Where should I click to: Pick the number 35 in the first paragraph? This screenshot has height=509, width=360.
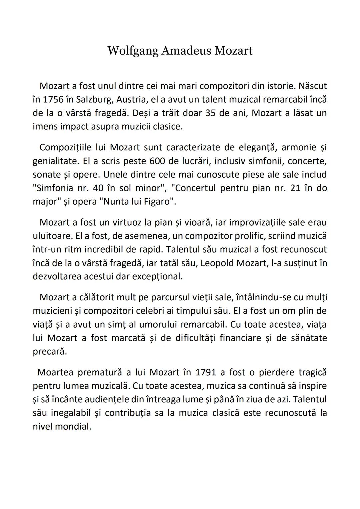tap(211, 113)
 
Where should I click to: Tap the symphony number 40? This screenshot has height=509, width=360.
tap(98, 188)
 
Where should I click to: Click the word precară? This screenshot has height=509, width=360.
tap(49, 352)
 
